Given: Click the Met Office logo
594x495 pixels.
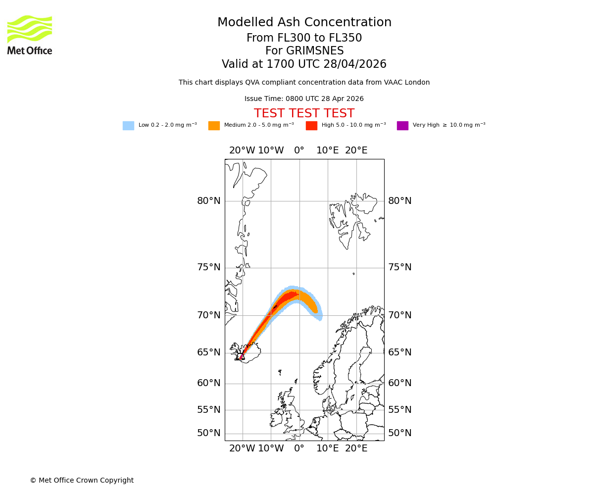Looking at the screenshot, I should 30,35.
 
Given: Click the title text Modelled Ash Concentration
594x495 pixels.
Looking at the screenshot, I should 304,23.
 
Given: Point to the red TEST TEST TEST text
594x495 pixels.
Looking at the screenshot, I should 304,114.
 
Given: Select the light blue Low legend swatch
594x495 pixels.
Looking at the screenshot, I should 128,126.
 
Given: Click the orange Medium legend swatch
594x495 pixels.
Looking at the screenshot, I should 214,126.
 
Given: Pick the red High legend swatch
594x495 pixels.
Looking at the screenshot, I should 311,126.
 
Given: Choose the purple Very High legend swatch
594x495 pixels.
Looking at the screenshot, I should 402,126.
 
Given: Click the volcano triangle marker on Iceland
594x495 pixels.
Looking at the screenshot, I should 242,356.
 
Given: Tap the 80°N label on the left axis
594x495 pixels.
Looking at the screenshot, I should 209,201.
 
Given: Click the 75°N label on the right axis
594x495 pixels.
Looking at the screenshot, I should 400,267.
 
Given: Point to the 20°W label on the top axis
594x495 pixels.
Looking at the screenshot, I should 242,150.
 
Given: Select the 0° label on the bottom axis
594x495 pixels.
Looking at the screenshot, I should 299,448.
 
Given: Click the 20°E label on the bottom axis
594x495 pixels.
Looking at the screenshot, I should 356,448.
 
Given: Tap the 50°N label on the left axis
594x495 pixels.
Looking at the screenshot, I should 209,433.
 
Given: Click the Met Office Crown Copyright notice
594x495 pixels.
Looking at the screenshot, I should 82,480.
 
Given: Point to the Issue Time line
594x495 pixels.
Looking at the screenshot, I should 304,99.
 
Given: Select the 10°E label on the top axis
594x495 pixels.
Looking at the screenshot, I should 328,150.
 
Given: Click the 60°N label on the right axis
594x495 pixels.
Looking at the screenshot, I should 400,383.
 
